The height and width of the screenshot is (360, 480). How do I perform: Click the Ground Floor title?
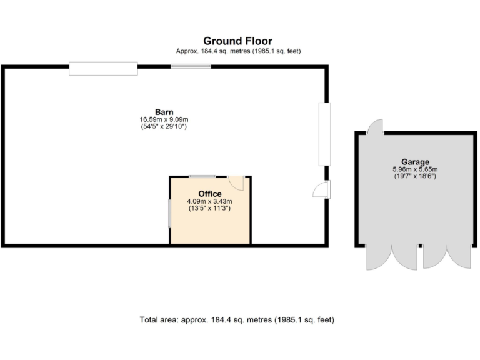pos(237,41)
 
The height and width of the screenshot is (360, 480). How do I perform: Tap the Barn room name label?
pos(164,112)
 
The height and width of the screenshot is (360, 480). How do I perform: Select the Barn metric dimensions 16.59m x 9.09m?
pos(164,119)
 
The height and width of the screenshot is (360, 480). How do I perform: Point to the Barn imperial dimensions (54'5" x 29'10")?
pos(164,126)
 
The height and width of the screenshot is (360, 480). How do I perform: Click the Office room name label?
pos(210,194)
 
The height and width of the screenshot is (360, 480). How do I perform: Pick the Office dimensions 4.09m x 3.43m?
pos(210,201)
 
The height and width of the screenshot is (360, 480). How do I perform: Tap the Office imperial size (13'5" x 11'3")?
pos(210,209)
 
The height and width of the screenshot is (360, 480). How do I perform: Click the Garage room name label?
pos(415,162)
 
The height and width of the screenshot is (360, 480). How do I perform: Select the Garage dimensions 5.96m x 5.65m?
pos(415,169)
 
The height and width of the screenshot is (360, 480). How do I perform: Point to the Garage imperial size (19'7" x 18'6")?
pos(415,176)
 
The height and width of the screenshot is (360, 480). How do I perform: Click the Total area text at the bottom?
pos(237,320)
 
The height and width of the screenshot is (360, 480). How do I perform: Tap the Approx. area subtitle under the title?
pos(237,51)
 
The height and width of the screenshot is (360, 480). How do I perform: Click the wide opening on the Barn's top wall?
pos(103,68)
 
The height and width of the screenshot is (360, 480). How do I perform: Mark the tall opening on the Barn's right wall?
pos(324,134)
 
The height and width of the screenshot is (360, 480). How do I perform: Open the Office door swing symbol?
pos(236,182)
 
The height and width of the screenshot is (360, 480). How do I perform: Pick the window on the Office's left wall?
pos(169,213)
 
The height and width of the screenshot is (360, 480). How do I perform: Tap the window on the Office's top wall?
pos(202,177)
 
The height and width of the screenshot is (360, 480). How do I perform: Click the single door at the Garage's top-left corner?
pos(375,127)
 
